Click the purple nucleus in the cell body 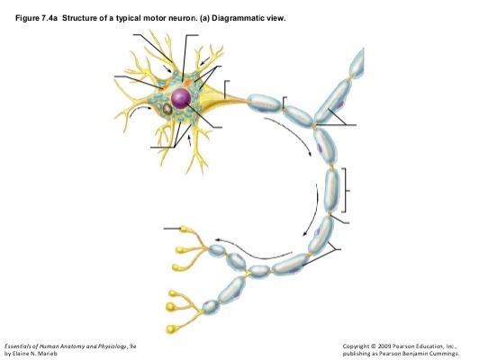(x=181, y=98)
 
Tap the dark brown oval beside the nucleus (x=167, y=109)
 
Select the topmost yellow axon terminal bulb (x=184, y=229)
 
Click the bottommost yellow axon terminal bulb (x=171, y=329)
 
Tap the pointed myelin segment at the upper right (x=357, y=64)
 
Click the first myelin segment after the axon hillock (x=264, y=103)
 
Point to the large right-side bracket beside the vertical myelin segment (x=345, y=190)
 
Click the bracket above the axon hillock (x=225, y=88)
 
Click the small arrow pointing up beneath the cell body (x=189, y=140)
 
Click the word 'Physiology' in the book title (x=112, y=346)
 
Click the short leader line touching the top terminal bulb (x=172, y=229)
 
